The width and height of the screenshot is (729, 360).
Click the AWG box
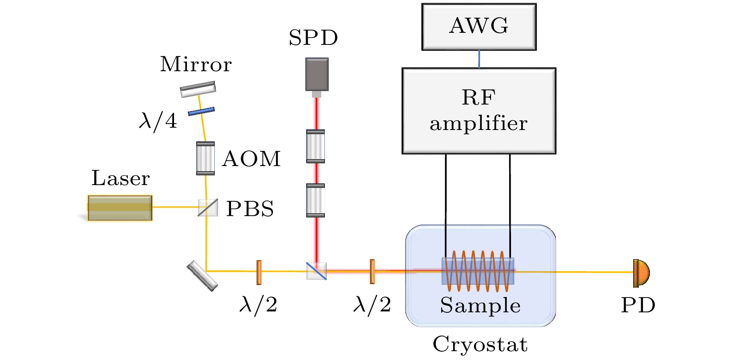(x=479, y=27)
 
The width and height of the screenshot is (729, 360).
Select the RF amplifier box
(x=479, y=111)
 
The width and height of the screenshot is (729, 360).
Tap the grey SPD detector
(x=317, y=74)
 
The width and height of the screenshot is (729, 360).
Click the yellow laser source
(x=120, y=208)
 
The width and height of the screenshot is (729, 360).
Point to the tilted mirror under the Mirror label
(x=198, y=89)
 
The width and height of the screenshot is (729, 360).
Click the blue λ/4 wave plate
(x=201, y=112)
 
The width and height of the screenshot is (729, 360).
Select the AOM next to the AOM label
(x=206, y=158)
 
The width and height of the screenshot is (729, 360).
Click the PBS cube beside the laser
(x=208, y=207)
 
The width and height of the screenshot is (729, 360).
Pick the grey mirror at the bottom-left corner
(x=202, y=276)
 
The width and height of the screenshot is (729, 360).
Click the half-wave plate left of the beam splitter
(x=259, y=272)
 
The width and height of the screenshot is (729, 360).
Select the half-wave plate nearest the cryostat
(x=372, y=272)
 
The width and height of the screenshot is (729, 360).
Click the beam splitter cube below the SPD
(x=317, y=271)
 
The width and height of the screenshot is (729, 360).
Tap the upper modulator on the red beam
(x=316, y=146)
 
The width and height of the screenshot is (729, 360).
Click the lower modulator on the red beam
(x=316, y=200)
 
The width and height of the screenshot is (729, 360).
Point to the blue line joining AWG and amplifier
(x=479, y=59)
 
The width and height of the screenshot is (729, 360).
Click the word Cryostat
(x=480, y=344)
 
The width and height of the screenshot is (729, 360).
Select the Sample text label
(x=480, y=305)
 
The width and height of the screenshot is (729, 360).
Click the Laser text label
(x=120, y=178)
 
